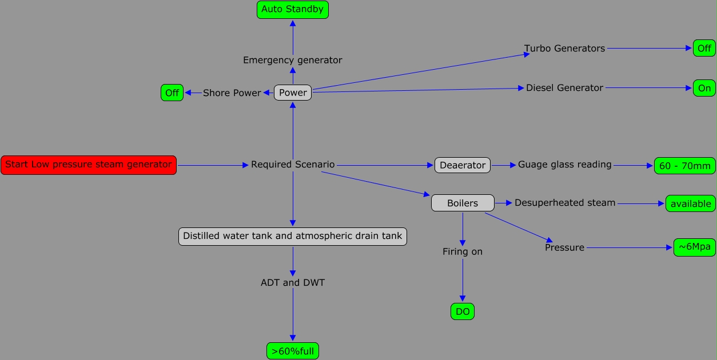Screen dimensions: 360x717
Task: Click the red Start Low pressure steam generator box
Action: click(x=89, y=165)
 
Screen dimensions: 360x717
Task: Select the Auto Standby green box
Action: click(x=293, y=9)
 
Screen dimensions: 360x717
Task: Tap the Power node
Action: click(x=293, y=93)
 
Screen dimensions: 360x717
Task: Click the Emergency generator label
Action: click(x=293, y=60)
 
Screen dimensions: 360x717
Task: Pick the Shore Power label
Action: click(x=232, y=93)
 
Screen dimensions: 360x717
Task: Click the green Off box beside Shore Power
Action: click(x=172, y=93)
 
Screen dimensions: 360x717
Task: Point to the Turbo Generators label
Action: click(x=564, y=49)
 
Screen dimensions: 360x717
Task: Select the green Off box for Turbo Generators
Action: click(x=704, y=49)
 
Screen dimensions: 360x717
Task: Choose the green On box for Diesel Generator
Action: click(x=704, y=88)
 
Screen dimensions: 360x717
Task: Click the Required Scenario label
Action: click(x=293, y=165)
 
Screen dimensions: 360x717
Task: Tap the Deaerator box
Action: click(x=463, y=166)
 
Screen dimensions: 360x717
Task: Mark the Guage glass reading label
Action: click(x=564, y=165)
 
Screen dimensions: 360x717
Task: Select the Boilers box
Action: click(x=463, y=203)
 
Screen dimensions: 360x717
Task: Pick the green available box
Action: click(x=690, y=204)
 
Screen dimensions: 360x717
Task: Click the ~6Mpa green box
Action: click(x=694, y=247)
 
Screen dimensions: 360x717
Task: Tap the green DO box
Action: click(x=463, y=311)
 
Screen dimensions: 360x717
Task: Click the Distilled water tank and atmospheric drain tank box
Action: click(x=293, y=236)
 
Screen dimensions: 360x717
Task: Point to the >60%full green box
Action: click(x=293, y=351)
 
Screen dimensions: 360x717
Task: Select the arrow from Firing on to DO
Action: click(x=463, y=280)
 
